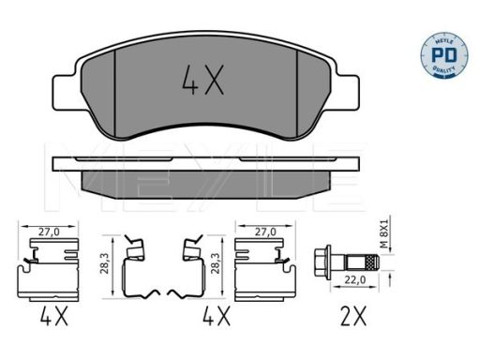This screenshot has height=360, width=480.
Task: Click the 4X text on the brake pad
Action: click(202, 83)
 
